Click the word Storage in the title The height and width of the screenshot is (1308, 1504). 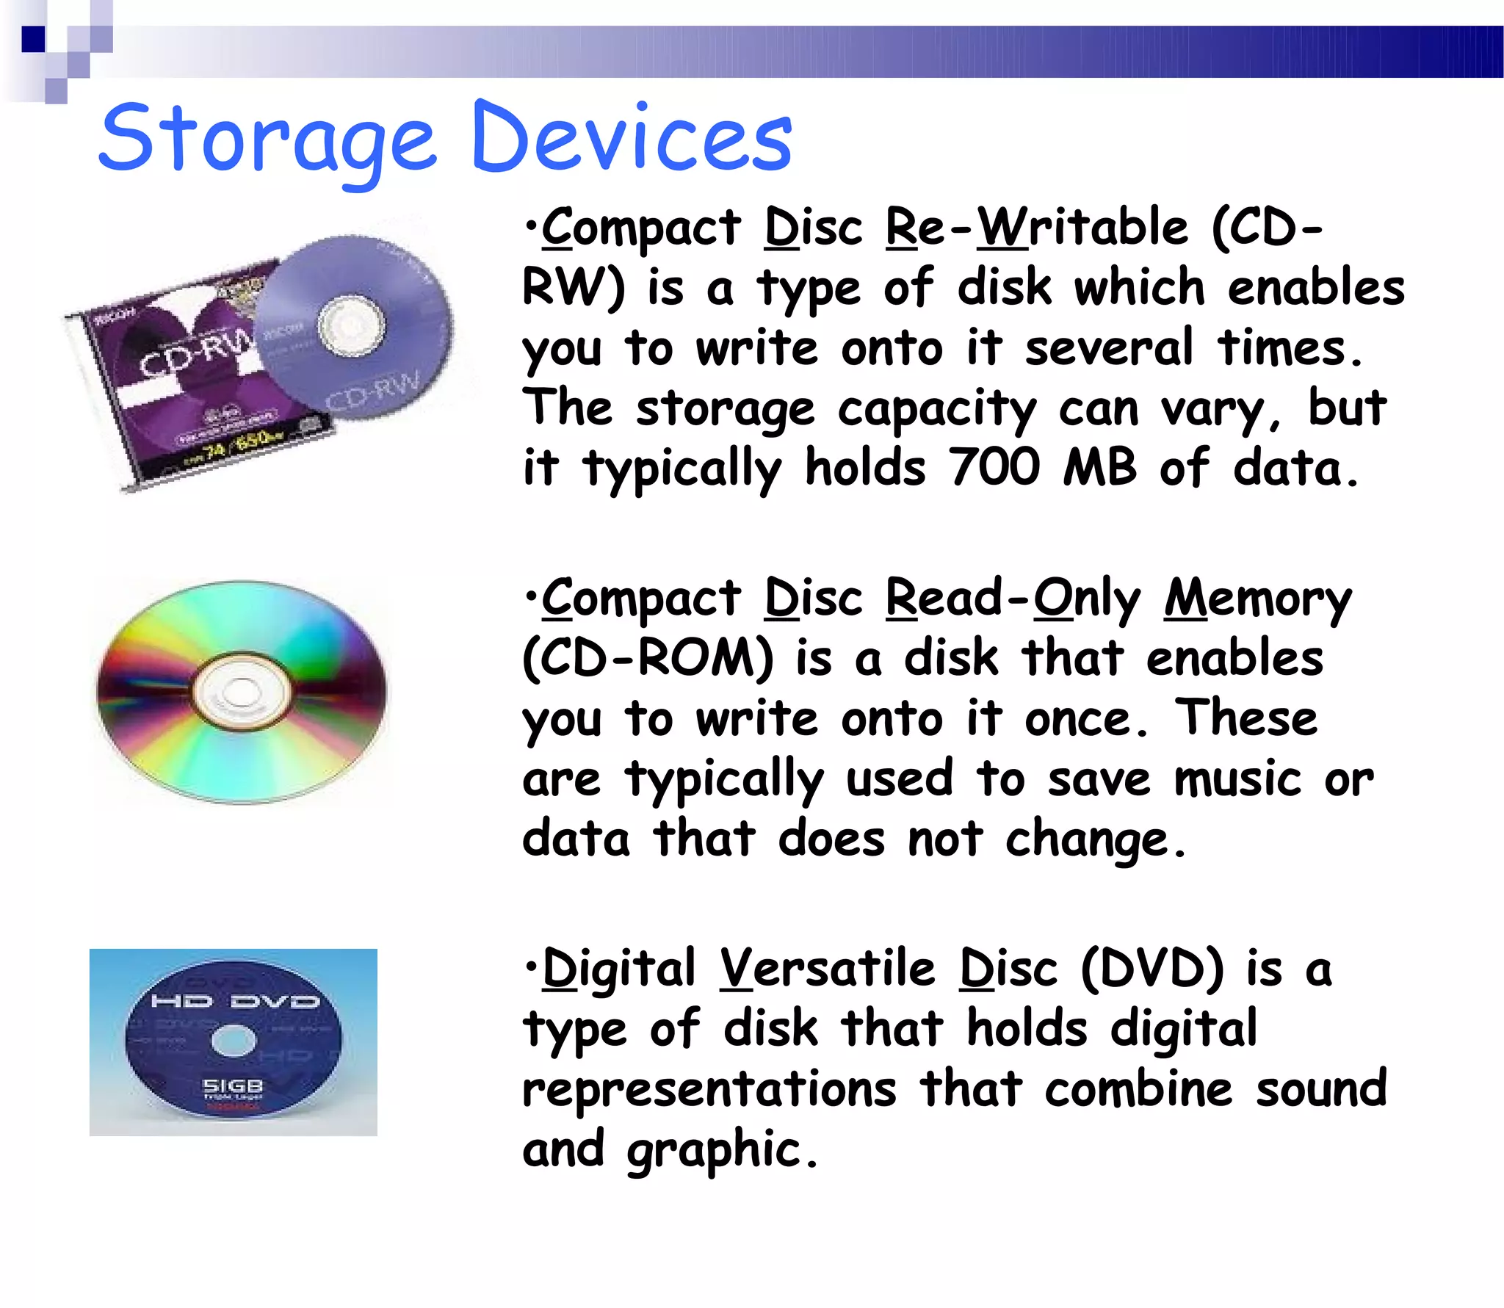click(267, 140)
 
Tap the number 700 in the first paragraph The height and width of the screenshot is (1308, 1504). click(994, 467)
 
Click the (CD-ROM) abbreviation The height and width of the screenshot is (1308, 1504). click(648, 658)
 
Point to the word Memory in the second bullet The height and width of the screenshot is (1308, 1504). click(1257, 599)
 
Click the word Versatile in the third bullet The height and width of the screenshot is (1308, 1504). click(827, 969)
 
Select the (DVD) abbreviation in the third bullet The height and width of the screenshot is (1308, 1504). click(1152, 969)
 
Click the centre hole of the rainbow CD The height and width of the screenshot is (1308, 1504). click(239, 691)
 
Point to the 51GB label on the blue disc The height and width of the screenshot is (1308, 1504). click(233, 1085)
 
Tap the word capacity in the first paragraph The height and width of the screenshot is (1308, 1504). click(937, 410)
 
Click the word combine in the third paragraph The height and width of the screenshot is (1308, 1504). click(1138, 1090)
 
